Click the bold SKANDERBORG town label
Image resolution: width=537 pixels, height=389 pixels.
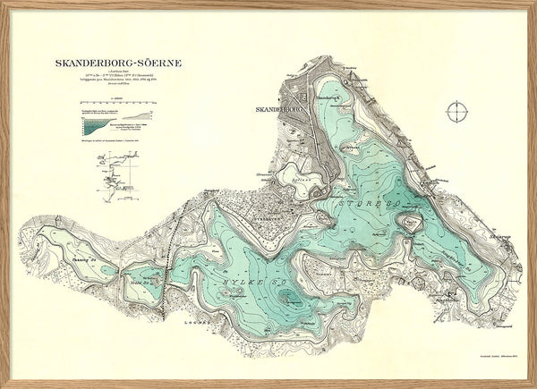coord(280,110)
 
